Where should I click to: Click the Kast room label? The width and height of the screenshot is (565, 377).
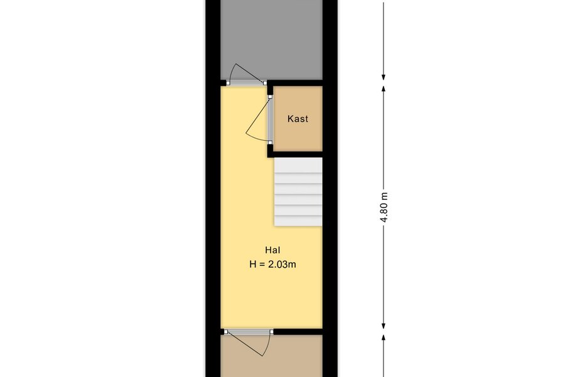point(298,119)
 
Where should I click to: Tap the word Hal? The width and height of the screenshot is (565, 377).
point(272,250)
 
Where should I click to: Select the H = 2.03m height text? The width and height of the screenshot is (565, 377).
point(272,265)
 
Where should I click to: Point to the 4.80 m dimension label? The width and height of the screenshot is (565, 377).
point(384,208)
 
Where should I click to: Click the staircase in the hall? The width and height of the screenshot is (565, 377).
point(298,192)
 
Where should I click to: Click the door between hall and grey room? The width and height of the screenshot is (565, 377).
point(246,76)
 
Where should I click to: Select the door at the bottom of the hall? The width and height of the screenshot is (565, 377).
point(248,342)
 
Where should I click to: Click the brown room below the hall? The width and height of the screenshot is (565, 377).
point(272,356)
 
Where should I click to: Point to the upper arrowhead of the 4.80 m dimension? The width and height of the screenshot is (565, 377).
point(384,89)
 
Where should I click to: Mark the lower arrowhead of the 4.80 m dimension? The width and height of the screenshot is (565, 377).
point(384,325)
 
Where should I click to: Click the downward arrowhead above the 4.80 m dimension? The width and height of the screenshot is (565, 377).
point(384,77)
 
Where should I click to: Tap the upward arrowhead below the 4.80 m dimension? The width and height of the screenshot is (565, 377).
point(384,338)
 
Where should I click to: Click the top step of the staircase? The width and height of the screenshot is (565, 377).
point(298,165)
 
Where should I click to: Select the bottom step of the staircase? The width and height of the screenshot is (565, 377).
point(298,221)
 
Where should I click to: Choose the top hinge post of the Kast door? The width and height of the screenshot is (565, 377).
point(270,97)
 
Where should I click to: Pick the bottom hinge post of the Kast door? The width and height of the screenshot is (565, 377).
point(270,143)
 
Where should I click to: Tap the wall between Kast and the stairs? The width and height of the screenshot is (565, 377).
point(295,155)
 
